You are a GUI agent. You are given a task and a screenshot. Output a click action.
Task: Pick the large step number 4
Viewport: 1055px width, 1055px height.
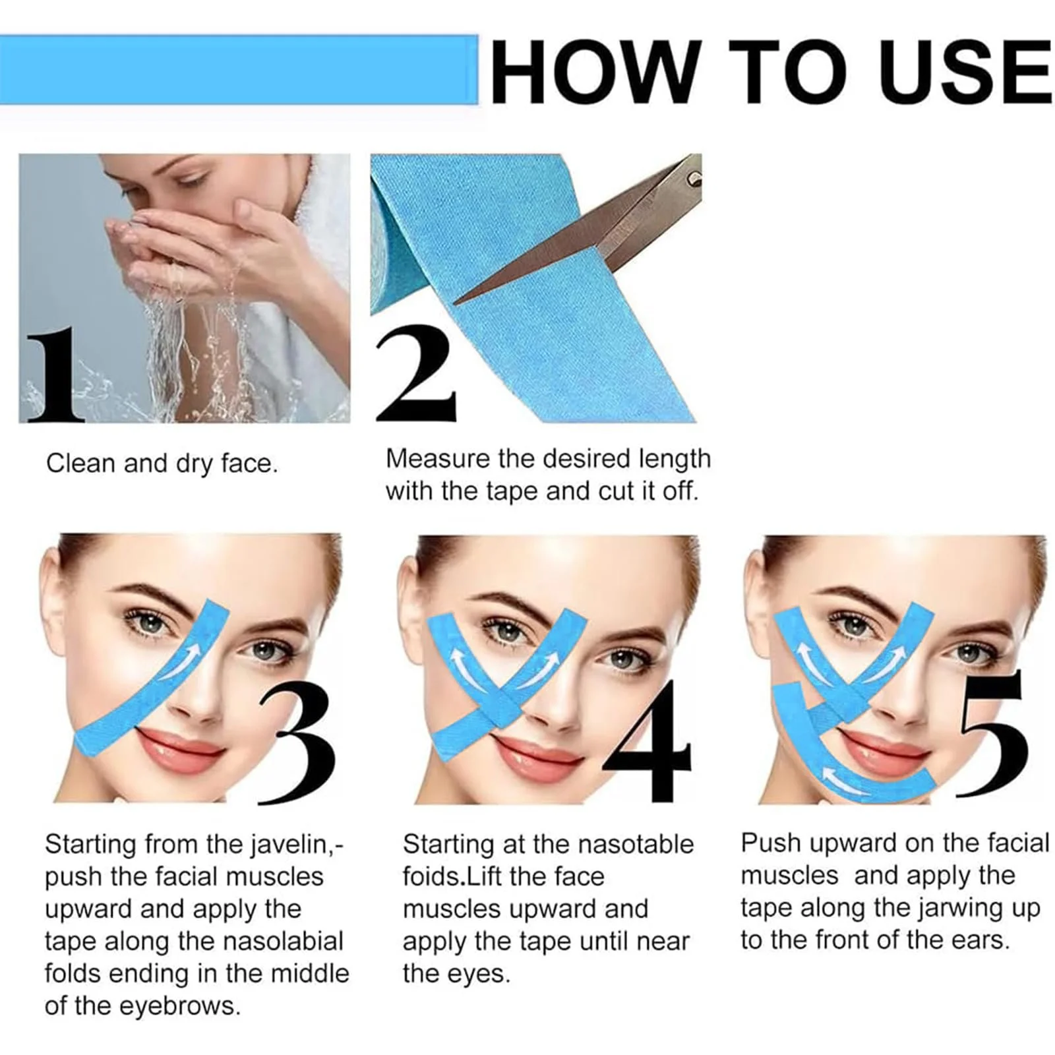coord(649,741)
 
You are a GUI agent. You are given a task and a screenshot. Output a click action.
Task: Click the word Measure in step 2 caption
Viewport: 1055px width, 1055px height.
coord(438,459)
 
